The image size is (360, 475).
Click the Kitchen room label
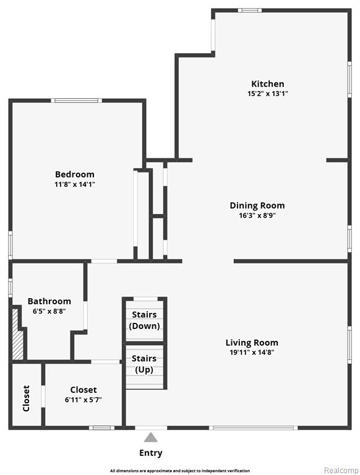[268, 83]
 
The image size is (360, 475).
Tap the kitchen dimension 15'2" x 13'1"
[268, 93]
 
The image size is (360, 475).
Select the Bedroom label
[75, 174]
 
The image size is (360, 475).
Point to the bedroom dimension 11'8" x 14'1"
[75, 184]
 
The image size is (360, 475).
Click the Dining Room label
[257, 205]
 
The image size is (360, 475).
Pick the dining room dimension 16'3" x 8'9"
[257, 215]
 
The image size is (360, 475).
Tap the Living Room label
[252, 343]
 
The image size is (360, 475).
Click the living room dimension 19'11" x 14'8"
[252, 353]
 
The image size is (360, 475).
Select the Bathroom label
[49, 301]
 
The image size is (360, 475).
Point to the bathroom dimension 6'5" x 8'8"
[49, 311]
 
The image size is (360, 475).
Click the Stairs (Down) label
[144, 320]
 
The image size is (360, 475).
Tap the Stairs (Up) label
[144, 364]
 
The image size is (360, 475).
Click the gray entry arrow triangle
[150, 437]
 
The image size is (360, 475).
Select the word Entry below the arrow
[150, 453]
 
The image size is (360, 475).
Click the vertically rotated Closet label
[27, 398]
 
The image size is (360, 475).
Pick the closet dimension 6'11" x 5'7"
[83, 400]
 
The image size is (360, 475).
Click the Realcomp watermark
[341, 470]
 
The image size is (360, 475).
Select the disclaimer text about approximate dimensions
[180, 471]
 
